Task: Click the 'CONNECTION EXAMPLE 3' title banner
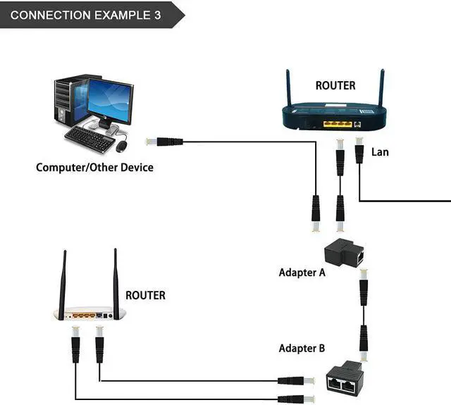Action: pos(85,15)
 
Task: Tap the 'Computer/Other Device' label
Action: pos(94,168)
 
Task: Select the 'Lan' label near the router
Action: pos(380,151)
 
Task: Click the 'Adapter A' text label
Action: pos(302,272)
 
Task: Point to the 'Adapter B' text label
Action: pos(302,348)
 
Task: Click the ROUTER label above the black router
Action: pos(335,86)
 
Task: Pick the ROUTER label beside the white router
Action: pos(145,295)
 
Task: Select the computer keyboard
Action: pos(89,139)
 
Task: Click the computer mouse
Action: pos(122,146)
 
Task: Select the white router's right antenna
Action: pos(116,277)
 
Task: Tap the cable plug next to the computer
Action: pos(166,142)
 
